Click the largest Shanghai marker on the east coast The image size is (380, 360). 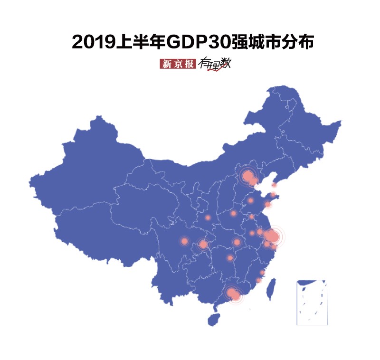click(273, 236)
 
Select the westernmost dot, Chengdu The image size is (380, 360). click(185, 241)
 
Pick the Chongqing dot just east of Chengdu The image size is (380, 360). click(203, 244)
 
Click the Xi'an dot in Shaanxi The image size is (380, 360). click(208, 218)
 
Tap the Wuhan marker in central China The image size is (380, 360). click(237, 242)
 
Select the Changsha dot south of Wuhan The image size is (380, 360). click(230, 258)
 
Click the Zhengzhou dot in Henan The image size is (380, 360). click(233, 213)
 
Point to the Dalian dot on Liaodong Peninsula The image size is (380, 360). click(274, 185)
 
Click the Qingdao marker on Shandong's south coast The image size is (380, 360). click(267, 204)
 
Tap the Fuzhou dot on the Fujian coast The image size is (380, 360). click(262, 272)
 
